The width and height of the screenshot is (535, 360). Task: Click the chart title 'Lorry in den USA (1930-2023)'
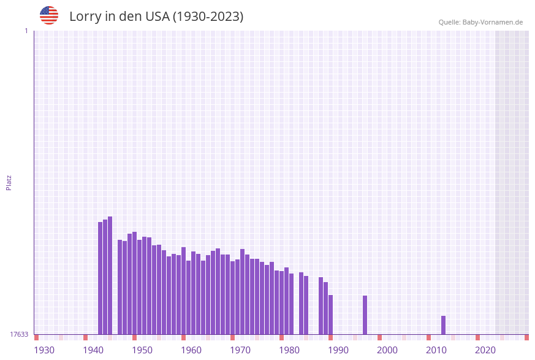156,17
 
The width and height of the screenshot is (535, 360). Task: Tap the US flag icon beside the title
49,15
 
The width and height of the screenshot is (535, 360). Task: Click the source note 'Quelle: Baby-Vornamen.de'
480,22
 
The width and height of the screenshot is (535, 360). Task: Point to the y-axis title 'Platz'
9,182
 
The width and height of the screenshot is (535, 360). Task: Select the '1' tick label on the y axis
26,31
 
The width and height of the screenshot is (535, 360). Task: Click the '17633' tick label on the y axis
19,334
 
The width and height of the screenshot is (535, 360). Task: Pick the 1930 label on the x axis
44,350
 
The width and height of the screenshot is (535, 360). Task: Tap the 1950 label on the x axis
142,350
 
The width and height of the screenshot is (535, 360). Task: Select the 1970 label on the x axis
240,350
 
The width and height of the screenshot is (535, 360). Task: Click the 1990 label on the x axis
338,350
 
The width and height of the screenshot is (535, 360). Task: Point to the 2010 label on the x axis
436,350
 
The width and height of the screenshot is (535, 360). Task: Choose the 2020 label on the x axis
485,350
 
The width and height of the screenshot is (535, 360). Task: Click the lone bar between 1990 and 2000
365,315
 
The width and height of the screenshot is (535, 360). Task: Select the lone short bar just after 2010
443,325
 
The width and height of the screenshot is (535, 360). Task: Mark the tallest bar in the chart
110,275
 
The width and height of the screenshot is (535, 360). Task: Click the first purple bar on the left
100,278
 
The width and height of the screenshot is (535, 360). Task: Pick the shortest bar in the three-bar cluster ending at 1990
330,315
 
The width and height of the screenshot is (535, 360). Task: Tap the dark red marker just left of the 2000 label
379,337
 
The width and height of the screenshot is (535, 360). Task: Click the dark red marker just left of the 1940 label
85,337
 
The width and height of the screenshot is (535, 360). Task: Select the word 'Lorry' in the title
84,17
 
